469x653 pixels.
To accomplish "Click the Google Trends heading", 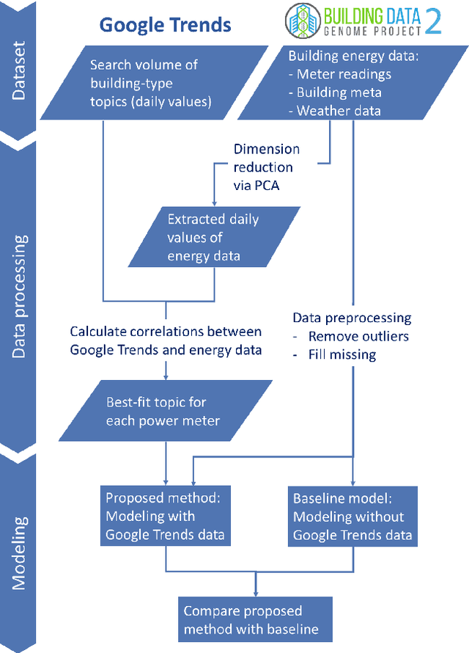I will point(165,25).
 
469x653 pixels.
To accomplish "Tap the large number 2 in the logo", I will point(433,22).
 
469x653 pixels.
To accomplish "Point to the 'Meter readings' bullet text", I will point(344,74).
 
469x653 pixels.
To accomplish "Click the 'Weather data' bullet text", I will point(339,111).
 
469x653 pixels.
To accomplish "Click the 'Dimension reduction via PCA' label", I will point(267,167).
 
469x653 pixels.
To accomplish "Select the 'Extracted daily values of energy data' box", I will point(213,237).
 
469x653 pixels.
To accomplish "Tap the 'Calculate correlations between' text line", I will point(166,332).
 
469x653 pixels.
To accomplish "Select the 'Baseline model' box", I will point(352,517).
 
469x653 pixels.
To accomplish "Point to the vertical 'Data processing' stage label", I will point(21,296).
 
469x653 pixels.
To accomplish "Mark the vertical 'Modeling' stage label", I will point(21,553).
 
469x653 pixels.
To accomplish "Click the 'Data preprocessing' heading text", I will point(352,318).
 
